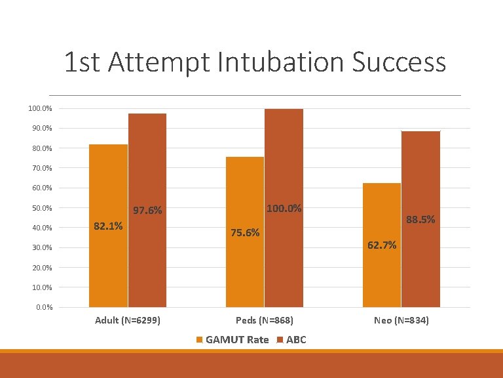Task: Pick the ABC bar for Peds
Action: (x=284, y=262)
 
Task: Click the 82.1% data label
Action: (x=108, y=226)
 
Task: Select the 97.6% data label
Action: (x=147, y=211)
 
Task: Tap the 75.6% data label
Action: (x=245, y=232)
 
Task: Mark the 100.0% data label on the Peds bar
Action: (x=284, y=209)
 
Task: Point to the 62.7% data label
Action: (x=382, y=245)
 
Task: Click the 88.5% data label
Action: (x=420, y=220)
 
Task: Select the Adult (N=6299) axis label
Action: (x=128, y=321)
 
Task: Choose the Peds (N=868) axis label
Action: (x=265, y=321)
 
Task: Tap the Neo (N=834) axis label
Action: (x=401, y=321)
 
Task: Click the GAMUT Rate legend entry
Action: (x=233, y=339)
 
